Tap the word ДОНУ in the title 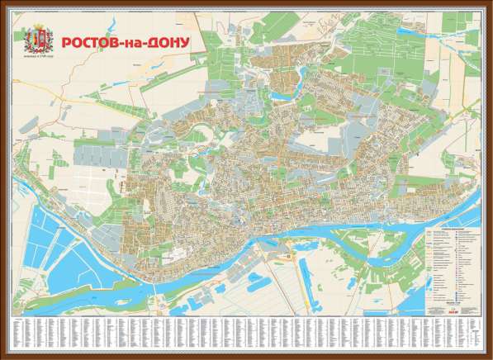point(168,41)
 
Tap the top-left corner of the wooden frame point(3,3)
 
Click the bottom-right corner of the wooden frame point(490,357)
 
